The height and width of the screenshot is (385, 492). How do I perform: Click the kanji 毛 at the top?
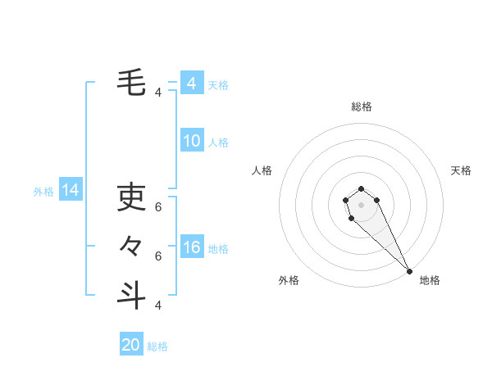point(131,83)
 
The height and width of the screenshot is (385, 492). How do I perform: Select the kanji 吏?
point(131,197)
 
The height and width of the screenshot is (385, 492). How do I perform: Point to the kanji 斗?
point(131,295)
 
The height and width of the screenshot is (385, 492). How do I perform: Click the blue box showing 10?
point(192,141)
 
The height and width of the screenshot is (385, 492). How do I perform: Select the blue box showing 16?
point(192,247)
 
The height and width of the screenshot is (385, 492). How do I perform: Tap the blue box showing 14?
point(71,191)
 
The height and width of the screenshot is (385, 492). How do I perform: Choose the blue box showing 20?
point(131,345)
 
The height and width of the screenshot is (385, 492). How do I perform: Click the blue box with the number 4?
point(192,84)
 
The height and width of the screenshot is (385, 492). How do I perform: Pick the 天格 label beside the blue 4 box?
point(218,85)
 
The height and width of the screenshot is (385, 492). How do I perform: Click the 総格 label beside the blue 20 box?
point(157,346)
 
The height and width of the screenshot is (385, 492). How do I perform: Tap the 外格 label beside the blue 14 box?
point(43,192)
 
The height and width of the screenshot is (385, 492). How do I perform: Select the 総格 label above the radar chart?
point(362,106)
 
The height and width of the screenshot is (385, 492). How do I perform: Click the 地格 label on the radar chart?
point(430,280)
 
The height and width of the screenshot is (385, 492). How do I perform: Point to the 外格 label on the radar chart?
point(289,280)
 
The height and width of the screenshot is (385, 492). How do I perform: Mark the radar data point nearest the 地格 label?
point(409,271)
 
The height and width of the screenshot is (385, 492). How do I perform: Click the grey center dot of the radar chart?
point(362,204)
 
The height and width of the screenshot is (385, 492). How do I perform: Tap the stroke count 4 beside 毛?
point(158,93)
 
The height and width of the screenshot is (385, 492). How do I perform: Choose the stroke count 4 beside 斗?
point(158,306)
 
